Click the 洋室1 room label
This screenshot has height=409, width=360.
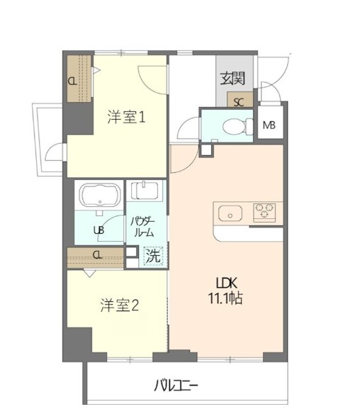tap(127, 117)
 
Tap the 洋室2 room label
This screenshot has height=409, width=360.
tap(118, 306)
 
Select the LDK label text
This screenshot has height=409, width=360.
tap(227, 281)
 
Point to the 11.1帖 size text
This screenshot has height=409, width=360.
tap(227, 298)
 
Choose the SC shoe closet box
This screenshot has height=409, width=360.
tap(239, 101)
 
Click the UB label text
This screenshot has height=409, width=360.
tap(99, 230)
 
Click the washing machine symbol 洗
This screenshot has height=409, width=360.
tap(152, 256)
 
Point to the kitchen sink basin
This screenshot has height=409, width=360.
tap(231, 213)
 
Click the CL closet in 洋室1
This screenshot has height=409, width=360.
tap(73, 80)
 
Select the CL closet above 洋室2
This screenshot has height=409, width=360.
tap(96, 256)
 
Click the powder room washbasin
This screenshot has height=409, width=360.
tap(145, 191)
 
